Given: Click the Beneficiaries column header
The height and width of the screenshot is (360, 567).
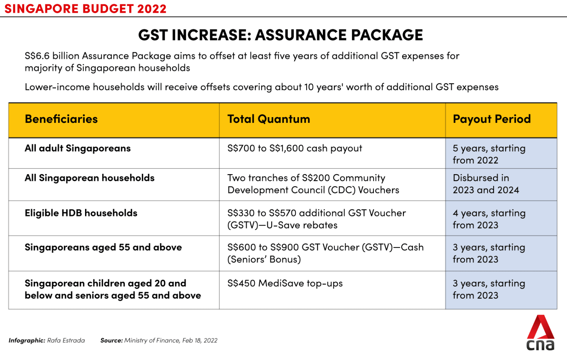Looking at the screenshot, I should tap(61, 119).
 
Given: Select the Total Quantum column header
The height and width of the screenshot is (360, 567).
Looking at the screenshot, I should tap(268, 119).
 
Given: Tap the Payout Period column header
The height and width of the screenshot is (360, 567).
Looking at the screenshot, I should tap(491, 119).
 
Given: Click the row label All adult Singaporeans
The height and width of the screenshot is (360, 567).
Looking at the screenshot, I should tap(77, 148).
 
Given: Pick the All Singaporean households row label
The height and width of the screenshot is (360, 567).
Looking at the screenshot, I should tap(90, 178).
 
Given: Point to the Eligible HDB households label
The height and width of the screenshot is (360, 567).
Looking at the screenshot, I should tap(81, 213).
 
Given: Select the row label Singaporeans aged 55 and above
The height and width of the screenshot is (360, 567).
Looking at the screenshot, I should tap(103, 247).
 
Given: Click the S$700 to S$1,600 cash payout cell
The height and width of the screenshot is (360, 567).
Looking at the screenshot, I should tap(294, 148).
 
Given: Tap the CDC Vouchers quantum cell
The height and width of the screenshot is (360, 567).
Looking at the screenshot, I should tap(313, 184).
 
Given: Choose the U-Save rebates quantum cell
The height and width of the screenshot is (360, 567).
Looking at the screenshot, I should tap(316, 219).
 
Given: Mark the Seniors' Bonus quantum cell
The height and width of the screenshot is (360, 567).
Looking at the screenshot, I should tap(325, 253).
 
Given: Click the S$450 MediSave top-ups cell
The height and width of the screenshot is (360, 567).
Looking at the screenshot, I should tap(285, 283).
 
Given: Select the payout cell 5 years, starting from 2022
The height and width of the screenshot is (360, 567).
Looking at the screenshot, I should tap(489, 154).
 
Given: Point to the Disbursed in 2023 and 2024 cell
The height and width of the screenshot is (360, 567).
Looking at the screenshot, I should tap(486, 184).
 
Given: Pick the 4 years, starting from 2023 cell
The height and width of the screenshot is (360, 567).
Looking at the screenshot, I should tap(489, 219).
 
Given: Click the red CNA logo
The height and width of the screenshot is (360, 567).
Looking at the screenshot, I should tap(541, 333).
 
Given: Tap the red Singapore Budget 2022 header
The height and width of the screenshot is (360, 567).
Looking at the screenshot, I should tap(85, 9).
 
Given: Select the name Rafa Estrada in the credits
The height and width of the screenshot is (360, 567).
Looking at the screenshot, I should tap(66, 340).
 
